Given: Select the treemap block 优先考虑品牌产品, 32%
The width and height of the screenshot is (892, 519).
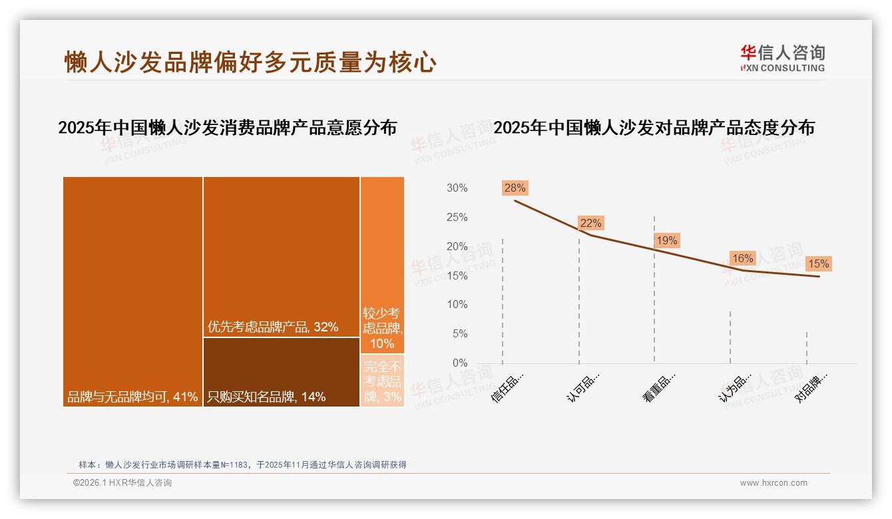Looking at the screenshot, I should coord(281,257).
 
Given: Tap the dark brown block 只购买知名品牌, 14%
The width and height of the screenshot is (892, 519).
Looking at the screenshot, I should coord(281,372).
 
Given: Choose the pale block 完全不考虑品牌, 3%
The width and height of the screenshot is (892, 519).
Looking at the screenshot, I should coord(382,381).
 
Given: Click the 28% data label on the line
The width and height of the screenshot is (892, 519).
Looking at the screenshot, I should coord(515,188).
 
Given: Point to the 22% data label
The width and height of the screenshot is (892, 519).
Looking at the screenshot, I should coord(590,223).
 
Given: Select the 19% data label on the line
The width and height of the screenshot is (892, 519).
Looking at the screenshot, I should coord(666,240).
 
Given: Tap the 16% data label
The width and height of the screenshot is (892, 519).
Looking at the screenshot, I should coord(742,258).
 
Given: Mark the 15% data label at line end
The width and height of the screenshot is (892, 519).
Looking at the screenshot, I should coord(818,263).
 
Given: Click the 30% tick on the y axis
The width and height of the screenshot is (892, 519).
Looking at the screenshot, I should coord(457,188).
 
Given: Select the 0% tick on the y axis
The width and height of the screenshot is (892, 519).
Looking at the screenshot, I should coord(460,363).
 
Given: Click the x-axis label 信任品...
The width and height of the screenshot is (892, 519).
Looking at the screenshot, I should coord(507,388).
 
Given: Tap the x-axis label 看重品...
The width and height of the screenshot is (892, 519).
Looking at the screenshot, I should coord(659,388).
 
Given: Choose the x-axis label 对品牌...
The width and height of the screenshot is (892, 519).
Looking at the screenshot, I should coord(811,388).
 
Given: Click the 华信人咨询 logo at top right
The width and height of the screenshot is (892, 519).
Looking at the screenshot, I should coord(782,58).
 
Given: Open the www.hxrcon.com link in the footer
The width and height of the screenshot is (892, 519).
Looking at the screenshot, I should coord(774,483).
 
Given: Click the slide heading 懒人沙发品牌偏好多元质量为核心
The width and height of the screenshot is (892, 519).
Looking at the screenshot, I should coord(250,62).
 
